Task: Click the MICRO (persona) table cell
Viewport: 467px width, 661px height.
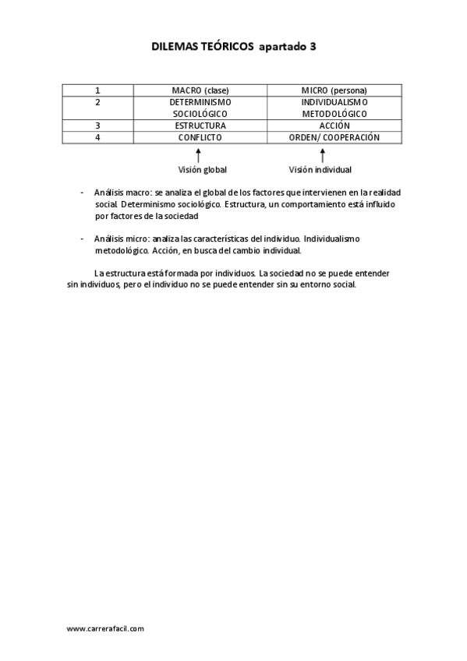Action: (334, 90)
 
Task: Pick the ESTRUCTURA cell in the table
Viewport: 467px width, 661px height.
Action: (200, 125)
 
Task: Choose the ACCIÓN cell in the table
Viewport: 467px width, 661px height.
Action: (334, 125)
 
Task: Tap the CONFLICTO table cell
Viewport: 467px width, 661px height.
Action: (200, 137)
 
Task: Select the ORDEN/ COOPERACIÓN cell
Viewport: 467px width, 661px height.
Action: (334, 137)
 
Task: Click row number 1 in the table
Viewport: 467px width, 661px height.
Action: (97, 90)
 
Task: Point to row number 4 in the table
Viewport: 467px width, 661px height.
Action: (97, 137)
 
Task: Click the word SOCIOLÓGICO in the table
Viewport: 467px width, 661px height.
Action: (200, 114)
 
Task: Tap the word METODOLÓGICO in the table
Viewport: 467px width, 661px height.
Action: (334, 114)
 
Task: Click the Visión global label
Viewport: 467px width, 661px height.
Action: (203, 169)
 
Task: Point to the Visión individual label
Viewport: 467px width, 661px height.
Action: (320, 169)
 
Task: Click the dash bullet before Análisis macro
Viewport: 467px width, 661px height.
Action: (82, 192)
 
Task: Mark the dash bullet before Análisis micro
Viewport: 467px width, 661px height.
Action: (82, 239)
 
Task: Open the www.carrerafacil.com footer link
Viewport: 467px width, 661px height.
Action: (105, 628)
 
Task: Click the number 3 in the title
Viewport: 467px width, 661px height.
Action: (313, 47)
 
